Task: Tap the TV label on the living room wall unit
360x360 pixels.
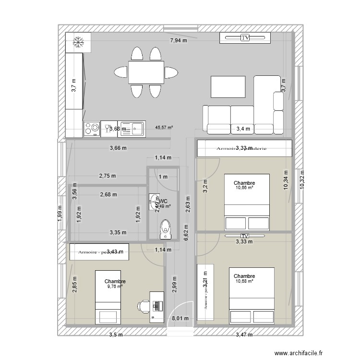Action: point(245,38)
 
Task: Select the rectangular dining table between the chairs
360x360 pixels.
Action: point(146,72)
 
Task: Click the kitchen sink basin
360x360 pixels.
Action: point(137,128)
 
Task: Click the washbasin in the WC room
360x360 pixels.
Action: point(154,199)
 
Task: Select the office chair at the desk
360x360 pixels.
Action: point(143,305)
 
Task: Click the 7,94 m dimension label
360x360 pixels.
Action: point(178,41)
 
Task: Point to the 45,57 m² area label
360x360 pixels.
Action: point(164,128)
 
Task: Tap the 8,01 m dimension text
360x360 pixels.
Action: point(180,318)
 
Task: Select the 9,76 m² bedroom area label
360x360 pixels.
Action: point(115,287)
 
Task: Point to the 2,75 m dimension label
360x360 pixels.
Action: point(107,176)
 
